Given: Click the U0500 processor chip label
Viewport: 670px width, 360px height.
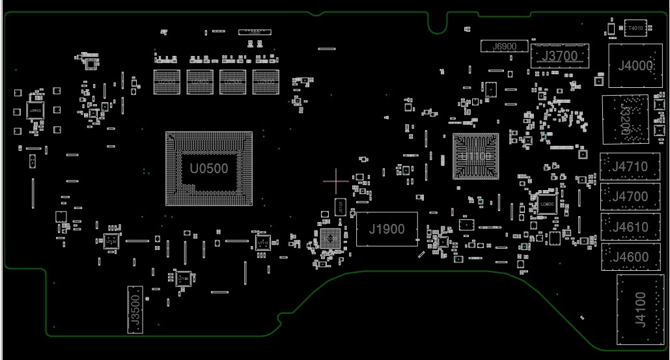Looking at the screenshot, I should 209,169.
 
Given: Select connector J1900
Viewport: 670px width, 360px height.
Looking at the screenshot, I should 387,228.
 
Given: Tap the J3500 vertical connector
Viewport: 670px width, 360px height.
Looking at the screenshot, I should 135,309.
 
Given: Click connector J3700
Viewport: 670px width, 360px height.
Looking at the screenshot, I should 559,56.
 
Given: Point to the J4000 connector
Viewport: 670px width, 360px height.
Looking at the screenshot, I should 635,65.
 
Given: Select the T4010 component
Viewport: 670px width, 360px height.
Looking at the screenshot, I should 635,28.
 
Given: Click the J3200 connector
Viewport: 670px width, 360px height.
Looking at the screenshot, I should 626,119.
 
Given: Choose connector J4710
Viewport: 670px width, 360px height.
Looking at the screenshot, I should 629,167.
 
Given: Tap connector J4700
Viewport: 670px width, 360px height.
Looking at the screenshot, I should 629,197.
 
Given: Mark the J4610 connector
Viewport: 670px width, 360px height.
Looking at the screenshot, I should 629,227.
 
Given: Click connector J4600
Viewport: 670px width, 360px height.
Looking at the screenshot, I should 629,257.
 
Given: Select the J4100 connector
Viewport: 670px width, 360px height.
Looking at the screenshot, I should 640,309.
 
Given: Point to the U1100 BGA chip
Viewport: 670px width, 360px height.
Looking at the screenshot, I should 475,156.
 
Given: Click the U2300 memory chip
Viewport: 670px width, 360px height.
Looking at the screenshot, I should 167,81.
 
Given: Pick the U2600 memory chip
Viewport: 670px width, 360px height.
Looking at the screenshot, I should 266,81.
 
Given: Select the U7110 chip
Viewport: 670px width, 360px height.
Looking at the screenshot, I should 262,243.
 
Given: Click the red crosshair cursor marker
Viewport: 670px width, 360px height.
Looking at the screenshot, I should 336,180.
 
